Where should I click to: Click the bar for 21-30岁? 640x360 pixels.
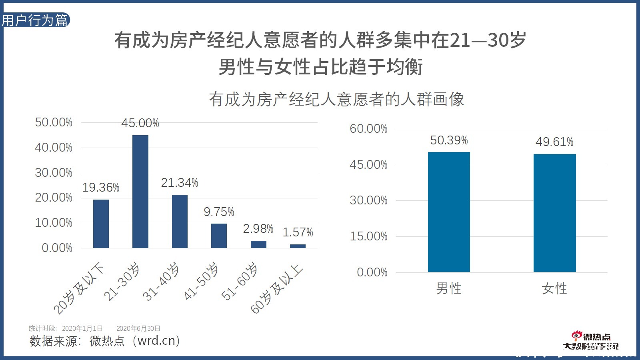pyautogui.click(x=140, y=192)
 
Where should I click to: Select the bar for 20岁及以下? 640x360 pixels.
pyautogui.click(x=101, y=224)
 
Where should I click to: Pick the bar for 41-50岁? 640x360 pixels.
pyautogui.click(x=219, y=236)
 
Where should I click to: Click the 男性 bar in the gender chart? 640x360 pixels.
pyautogui.click(x=449, y=212)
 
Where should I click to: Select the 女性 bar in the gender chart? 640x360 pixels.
pyautogui.click(x=554, y=213)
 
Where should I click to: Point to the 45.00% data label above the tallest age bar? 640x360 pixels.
pyautogui.click(x=140, y=123)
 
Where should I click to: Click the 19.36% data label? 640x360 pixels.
pyautogui.click(x=101, y=187)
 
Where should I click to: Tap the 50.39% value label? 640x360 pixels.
pyautogui.click(x=449, y=140)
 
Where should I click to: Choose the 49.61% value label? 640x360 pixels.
pyautogui.click(x=554, y=142)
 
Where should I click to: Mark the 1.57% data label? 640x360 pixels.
pyautogui.click(x=298, y=232)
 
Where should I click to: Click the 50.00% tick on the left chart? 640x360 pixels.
pyautogui.click(x=54, y=122)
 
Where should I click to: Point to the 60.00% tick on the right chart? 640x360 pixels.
pyautogui.click(x=368, y=129)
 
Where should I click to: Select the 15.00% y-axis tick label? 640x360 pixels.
pyautogui.click(x=368, y=236)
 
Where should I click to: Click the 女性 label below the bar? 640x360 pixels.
pyautogui.click(x=554, y=288)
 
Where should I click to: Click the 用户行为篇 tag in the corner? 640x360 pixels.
pyautogui.click(x=35, y=20)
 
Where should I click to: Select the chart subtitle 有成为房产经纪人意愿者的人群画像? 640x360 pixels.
pyautogui.click(x=336, y=99)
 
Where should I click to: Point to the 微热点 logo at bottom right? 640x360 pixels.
pyautogui.click(x=591, y=341)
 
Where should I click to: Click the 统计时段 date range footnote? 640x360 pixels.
pyautogui.click(x=94, y=328)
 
